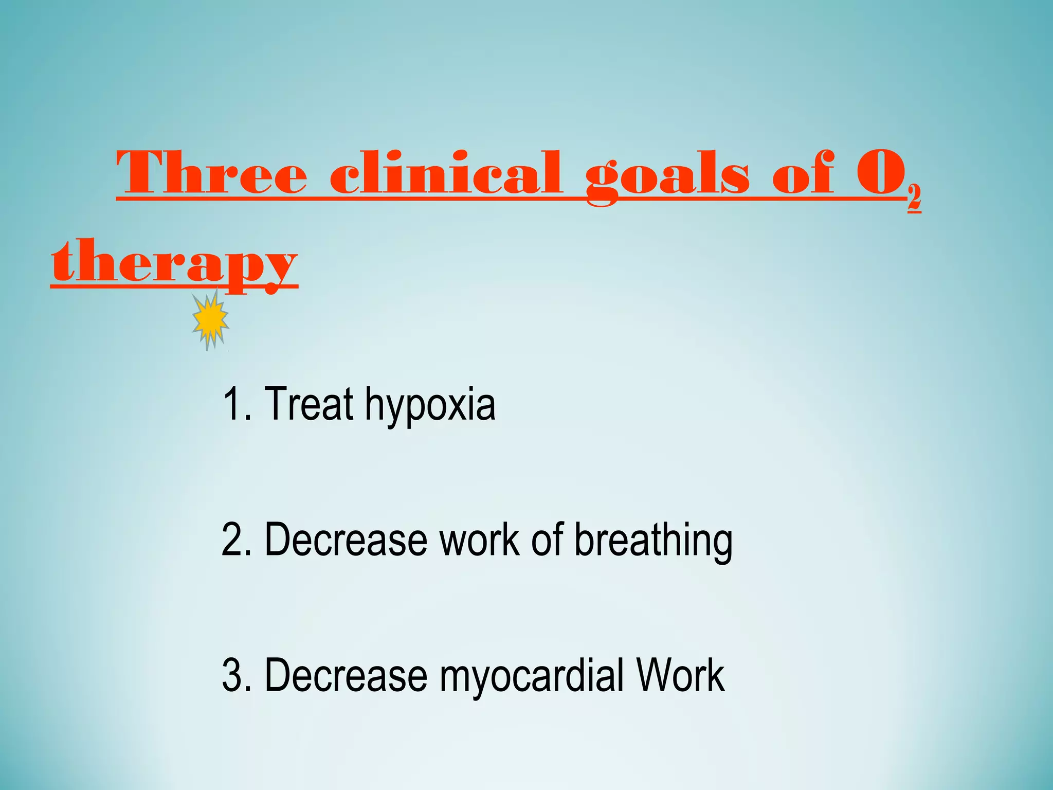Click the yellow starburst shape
point(210,319)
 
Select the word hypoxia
point(430,406)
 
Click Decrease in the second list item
point(346,540)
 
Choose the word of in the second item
point(547,540)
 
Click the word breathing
point(653,541)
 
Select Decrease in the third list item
point(346,675)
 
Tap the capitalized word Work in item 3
point(680,675)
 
